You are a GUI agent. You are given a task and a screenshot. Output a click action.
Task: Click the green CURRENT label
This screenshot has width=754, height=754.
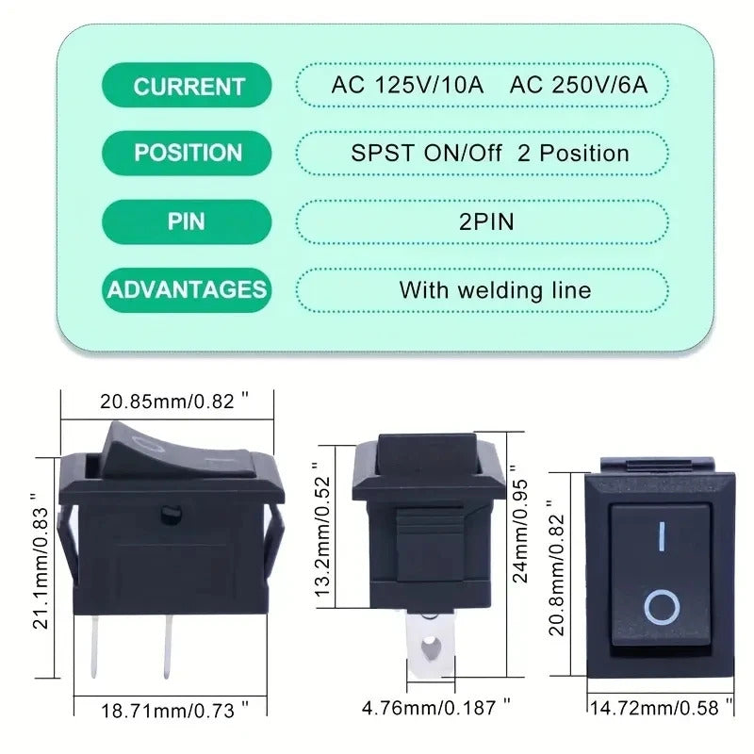(x=187, y=85)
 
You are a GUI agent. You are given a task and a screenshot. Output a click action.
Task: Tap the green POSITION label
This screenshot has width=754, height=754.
(x=187, y=153)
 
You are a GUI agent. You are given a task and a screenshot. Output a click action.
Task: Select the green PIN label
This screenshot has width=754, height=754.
(x=187, y=221)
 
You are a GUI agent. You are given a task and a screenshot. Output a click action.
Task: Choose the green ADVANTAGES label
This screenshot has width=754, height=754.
(x=187, y=290)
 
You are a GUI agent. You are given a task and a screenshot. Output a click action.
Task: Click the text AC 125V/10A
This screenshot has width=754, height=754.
(x=407, y=85)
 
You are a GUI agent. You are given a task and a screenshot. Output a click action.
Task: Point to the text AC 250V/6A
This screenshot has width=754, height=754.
(x=579, y=85)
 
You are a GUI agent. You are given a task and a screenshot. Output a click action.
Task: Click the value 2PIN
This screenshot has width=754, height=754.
(x=486, y=221)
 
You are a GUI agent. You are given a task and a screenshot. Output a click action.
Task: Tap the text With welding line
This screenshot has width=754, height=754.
(x=495, y=290)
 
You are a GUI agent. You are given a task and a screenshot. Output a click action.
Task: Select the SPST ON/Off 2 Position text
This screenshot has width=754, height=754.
(x=489, y=154)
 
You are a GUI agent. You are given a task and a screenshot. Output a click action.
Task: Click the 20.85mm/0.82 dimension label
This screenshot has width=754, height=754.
(x=174, y=401)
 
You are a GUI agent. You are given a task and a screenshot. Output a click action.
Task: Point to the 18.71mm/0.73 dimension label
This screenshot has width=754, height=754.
(x=174, y=711)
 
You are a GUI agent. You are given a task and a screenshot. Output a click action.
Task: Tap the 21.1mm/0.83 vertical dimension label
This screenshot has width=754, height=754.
(x=41, y=561)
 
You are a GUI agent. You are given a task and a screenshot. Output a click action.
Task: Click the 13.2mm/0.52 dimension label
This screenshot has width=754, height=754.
(x=323, y=531)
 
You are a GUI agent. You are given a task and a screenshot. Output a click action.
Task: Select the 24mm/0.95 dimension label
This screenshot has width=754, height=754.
(x=520, y=525)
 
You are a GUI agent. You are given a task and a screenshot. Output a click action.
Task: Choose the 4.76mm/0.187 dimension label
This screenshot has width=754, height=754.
(x=436, y=708)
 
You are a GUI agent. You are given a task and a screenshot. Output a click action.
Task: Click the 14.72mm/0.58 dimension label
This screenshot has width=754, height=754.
(x=662, y=708)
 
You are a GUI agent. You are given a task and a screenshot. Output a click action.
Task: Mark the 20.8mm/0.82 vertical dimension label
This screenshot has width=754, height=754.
(x=556, y=568)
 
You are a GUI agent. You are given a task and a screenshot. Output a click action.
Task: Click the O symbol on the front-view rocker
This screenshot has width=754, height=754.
(x=662, y=607)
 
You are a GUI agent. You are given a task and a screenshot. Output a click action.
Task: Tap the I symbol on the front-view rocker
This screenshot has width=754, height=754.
(x=663, y=536)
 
